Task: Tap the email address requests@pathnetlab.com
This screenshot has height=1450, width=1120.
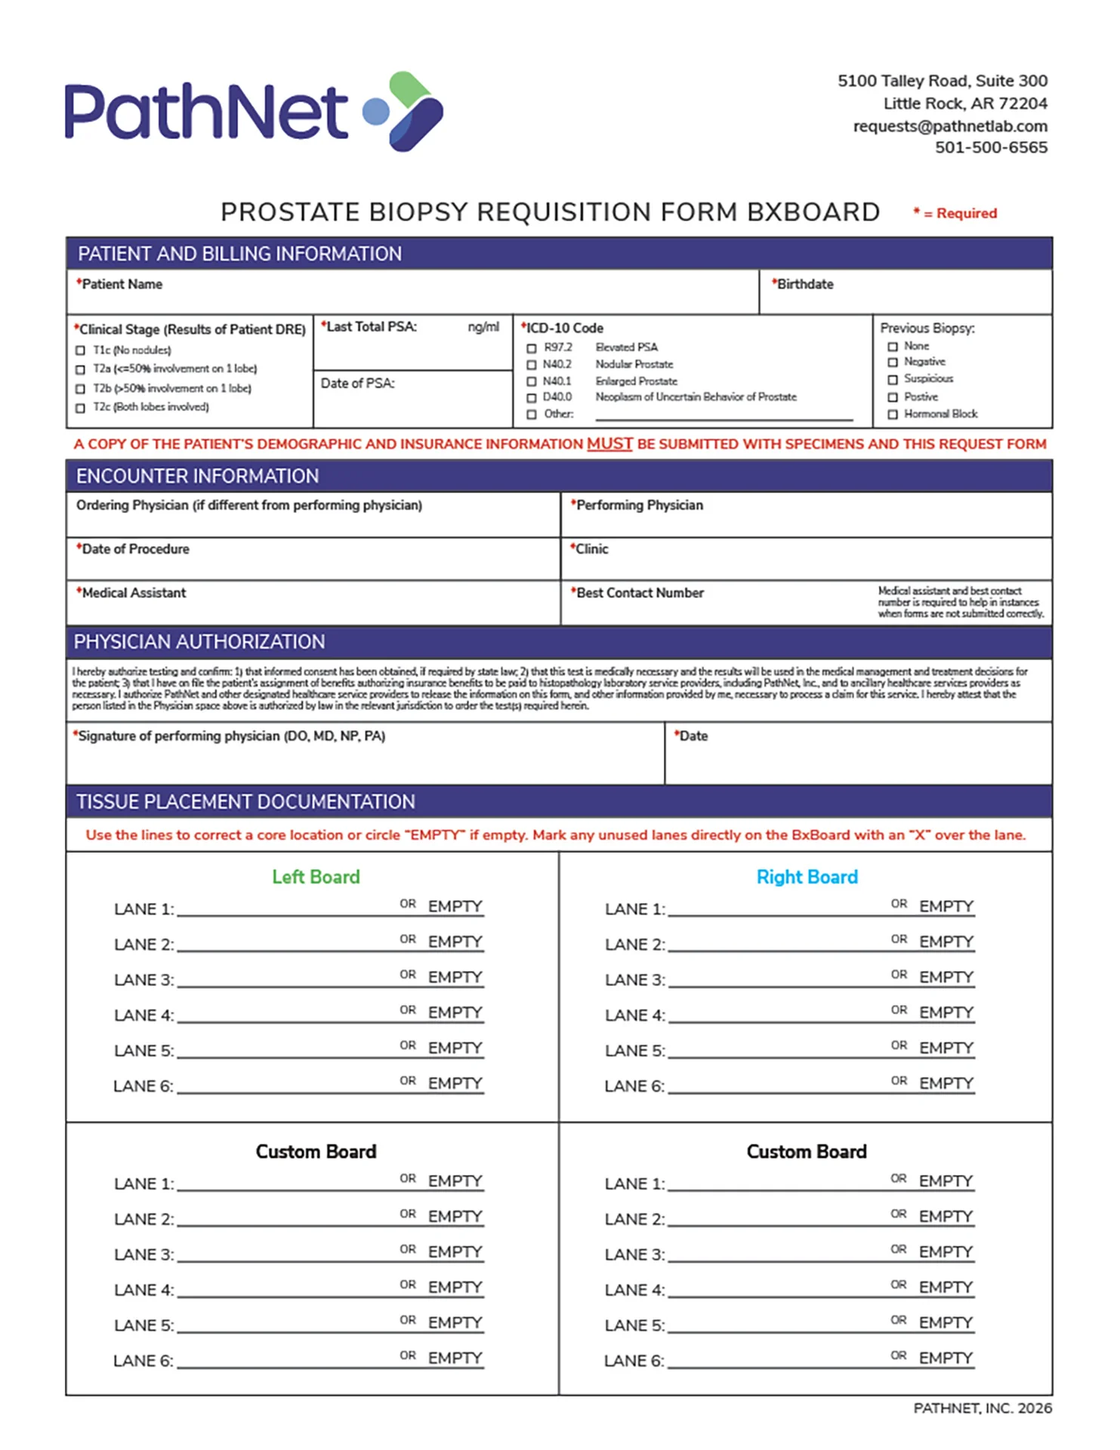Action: pyautogui.click(x=949, y=126)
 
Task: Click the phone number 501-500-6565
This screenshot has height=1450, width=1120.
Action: pyautogui.click(x=990, y=148)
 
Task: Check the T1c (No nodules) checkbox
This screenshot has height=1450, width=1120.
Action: pyautogui.click(x=81, y=350)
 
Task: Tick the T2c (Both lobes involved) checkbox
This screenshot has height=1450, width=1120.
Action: pyautogui.click(x=81, y=408)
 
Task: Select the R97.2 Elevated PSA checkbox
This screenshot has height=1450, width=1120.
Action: pyautogui.click(x=532, y=348)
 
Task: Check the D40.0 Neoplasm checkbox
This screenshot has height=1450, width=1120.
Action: pyautogui.click(x=532, y=397)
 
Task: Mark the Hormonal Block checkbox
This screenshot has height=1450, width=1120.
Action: pyautogui.click(x=893, y=415)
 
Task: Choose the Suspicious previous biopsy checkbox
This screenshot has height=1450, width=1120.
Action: pyautogui.click(x=893, y=380)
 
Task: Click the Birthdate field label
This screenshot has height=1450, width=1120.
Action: pyautogui.click(x=804, y=285)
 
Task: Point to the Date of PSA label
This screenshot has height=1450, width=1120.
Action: pyautogui.click(x=357, y=384)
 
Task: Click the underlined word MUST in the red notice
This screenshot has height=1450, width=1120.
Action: pyautogui.click(x=609, y=444)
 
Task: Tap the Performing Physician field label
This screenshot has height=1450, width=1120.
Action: pyautogui.click(x=639, y=505)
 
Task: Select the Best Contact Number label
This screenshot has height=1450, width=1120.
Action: pyautogui.click(x=640, y=594)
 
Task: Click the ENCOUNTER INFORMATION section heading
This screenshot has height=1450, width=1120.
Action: pyautogui.click(x=197, y=477)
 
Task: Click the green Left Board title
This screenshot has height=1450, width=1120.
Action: pyautogui.click(x=316, y=877)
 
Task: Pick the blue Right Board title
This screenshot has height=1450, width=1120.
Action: pyautogui.click(x=807, y=877)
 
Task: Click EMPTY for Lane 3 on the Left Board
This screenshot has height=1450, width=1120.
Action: pyautogui.click(x=455, y=977)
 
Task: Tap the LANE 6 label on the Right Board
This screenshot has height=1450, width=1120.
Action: pyautogui.click(x=634, y=1087)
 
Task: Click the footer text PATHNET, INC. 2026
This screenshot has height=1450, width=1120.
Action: pyautogui.click(x=982, y=1408)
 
